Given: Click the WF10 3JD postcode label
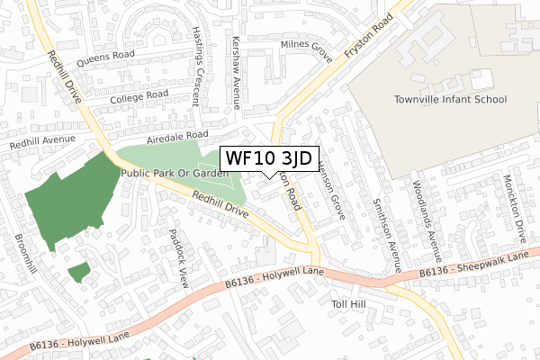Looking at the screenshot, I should point(268,158).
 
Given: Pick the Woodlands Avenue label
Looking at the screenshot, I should point(437,221).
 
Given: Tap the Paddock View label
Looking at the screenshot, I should point(177,256).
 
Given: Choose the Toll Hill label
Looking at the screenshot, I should point(346,305).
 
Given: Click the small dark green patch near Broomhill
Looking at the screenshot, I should point(79,271).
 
